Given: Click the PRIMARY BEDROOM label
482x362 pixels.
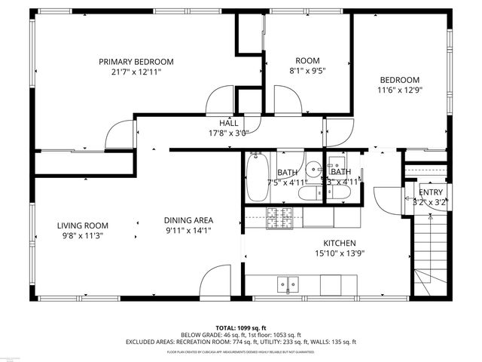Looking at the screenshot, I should click(x=136, y=62).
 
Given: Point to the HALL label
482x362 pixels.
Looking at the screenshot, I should click(x=229, y=122).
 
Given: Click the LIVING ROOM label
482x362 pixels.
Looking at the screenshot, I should click(x=83, y=225).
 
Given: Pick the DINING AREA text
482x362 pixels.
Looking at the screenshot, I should click(x=188, y=220).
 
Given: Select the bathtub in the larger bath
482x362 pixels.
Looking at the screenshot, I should click(x=255, y=177).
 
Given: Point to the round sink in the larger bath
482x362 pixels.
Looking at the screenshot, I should click(x=311, y=170).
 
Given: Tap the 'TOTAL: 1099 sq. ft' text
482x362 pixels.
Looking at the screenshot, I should click(x=241, y=327).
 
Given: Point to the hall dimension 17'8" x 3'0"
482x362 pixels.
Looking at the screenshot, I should click(x=229, y=132).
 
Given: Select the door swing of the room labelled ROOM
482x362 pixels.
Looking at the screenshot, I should click(x=287, y=100).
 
